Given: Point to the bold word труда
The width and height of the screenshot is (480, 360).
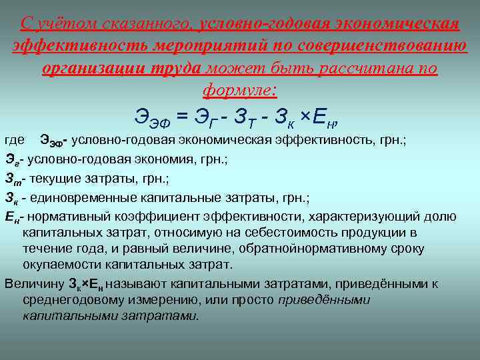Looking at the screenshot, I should pyautogui.click(x=175, y=69).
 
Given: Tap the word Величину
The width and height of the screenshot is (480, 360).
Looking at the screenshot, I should pyautogui.click(x=33, y=283).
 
